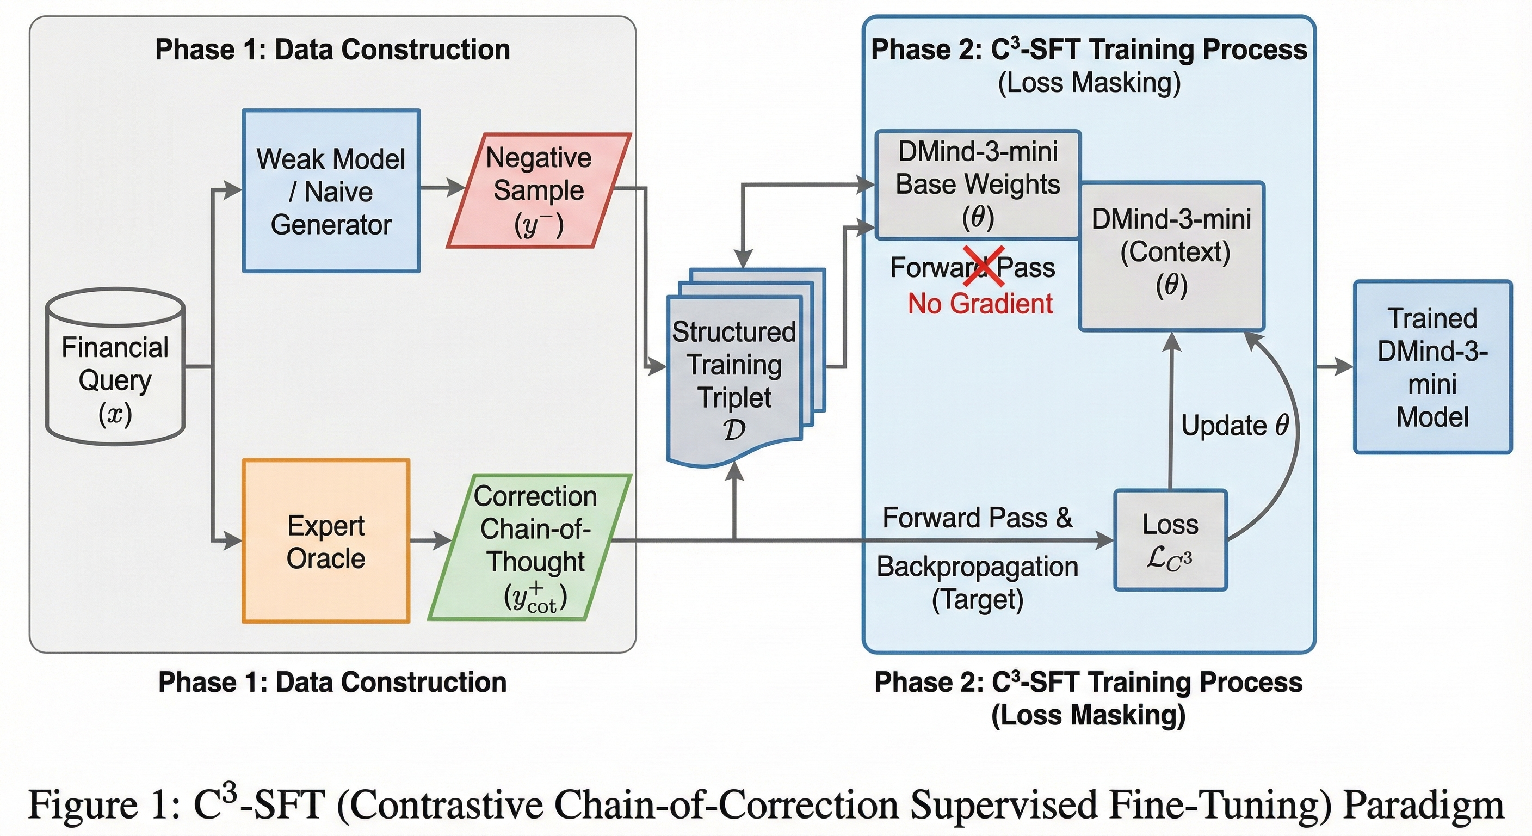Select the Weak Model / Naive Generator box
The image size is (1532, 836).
(331, 191)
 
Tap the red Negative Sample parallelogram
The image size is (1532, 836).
(539, 190)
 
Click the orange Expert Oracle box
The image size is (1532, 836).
(326, 541)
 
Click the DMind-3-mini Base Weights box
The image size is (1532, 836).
(978, 185)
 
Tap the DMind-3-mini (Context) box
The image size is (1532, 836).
(1172, 256)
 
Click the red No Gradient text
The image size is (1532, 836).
(980, 304)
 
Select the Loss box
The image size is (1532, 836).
(1170, 540)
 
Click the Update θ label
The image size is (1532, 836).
(1234, 426)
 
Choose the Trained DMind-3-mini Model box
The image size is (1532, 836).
(1432, 367)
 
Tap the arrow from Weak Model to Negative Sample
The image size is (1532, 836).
(443, 188)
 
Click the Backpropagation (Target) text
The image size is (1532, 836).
(977, 582)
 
